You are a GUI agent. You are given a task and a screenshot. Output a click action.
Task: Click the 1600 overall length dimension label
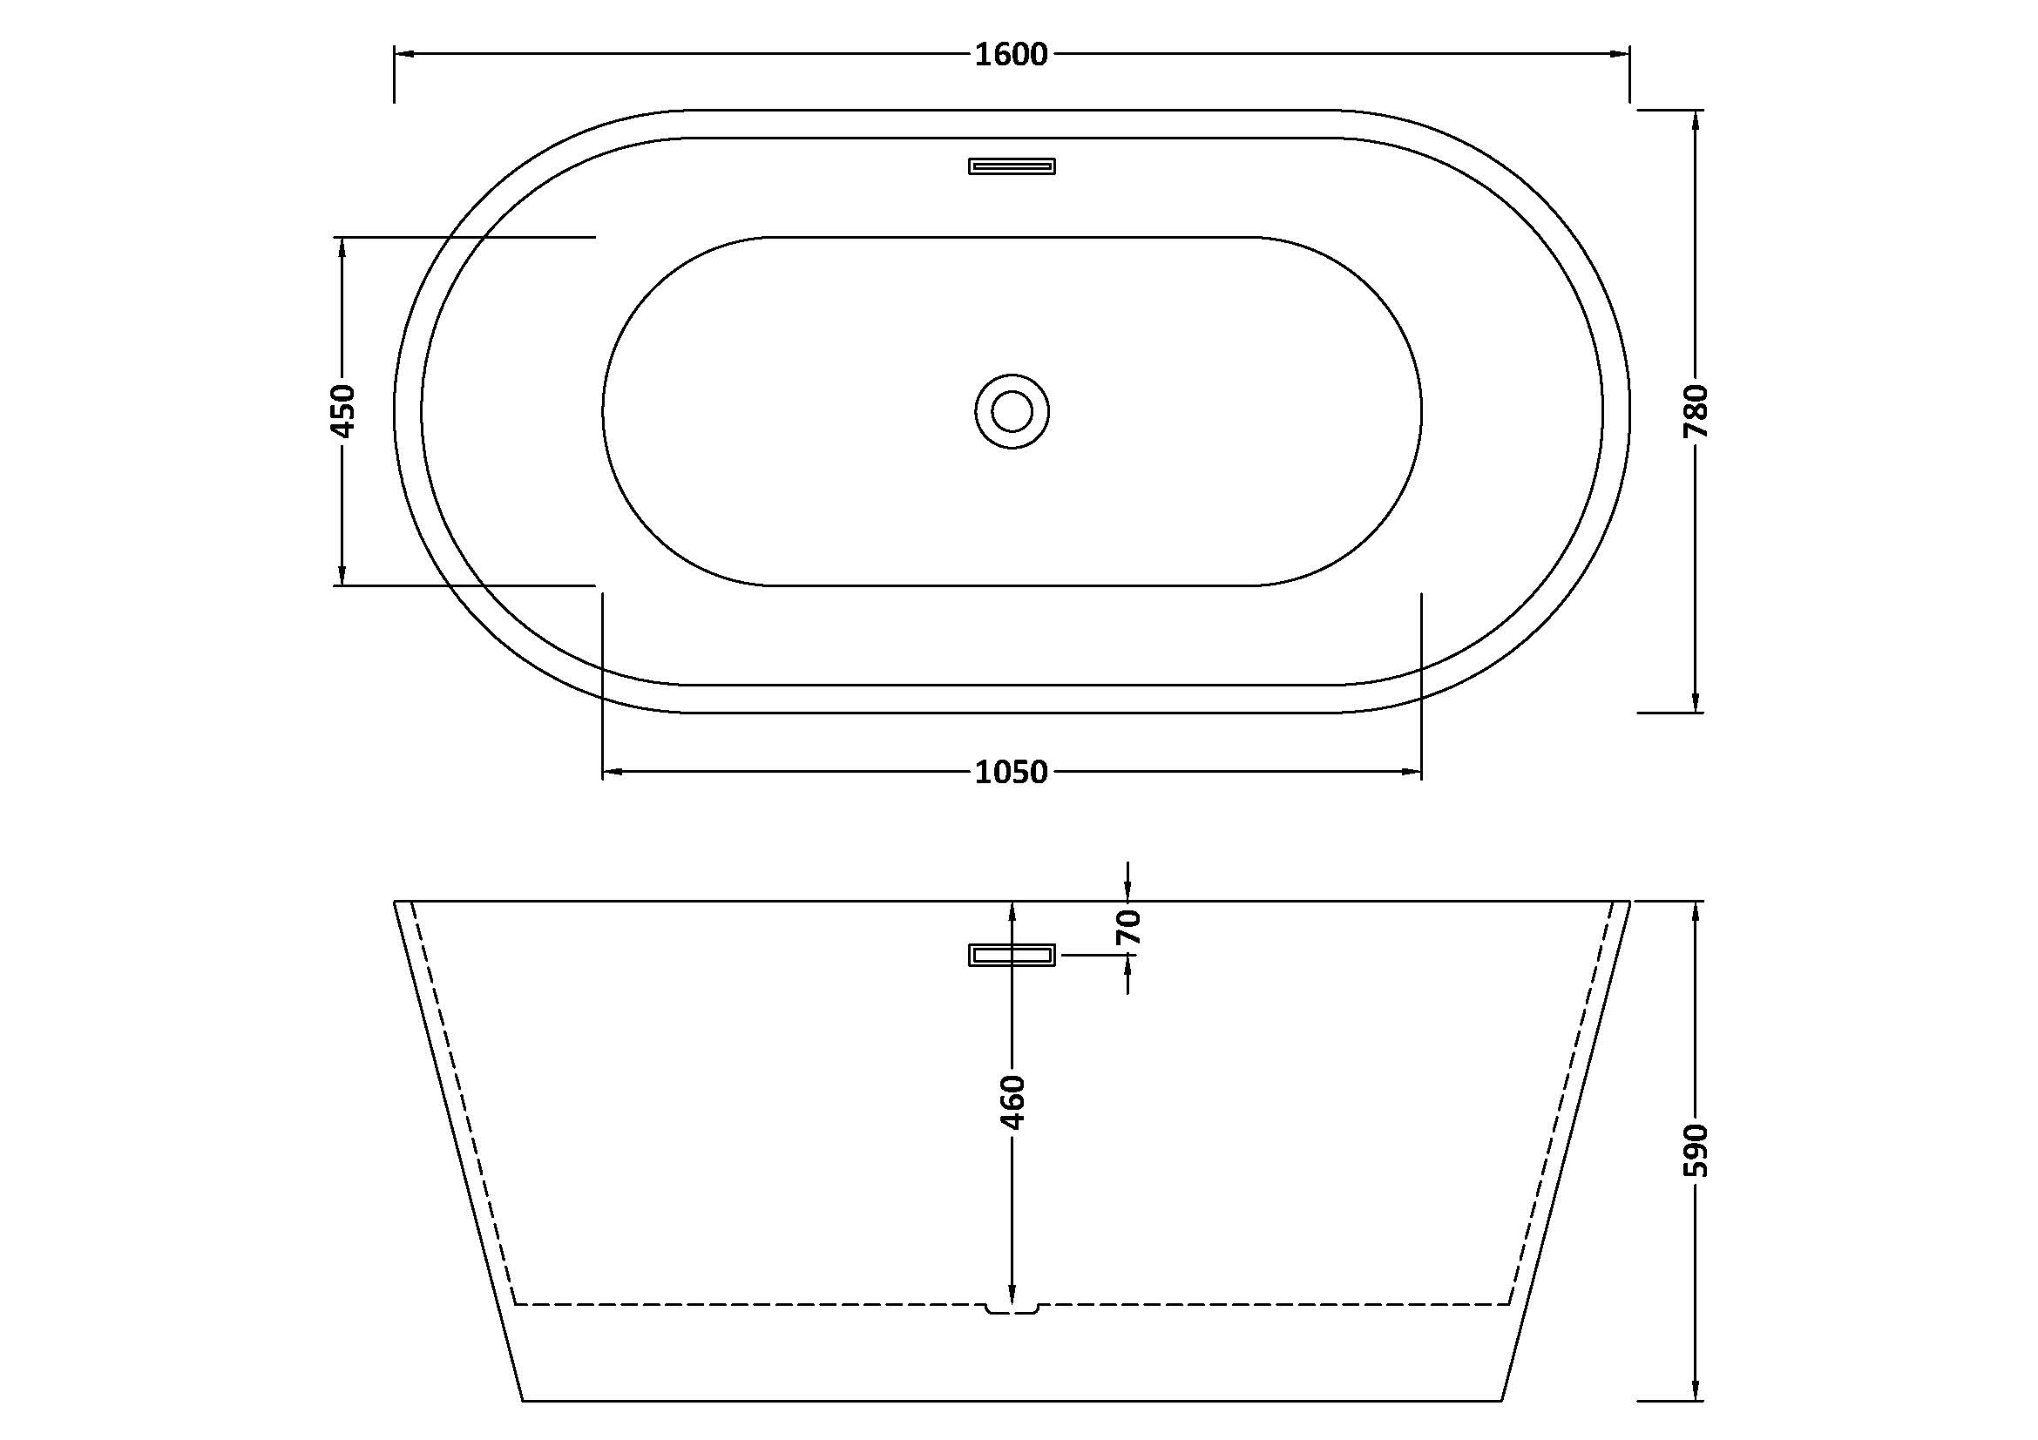(1011, 55)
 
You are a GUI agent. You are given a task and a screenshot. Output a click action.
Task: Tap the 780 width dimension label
(1696, 412)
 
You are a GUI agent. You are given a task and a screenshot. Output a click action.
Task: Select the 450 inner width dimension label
(342, 411)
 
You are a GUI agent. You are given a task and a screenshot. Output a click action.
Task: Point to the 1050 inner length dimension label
(1011, 773)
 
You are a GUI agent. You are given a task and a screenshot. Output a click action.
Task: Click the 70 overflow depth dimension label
(1127, 927)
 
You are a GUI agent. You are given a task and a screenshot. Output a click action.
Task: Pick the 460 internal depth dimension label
(1012, 1102)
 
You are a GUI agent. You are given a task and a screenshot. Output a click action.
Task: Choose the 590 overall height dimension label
(1696, 1151)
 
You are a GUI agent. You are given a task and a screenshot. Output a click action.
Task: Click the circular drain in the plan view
(1012, 412)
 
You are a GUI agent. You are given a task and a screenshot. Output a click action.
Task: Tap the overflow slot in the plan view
(1012, 166)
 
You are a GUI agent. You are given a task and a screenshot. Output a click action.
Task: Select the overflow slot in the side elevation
(1012, 956)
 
